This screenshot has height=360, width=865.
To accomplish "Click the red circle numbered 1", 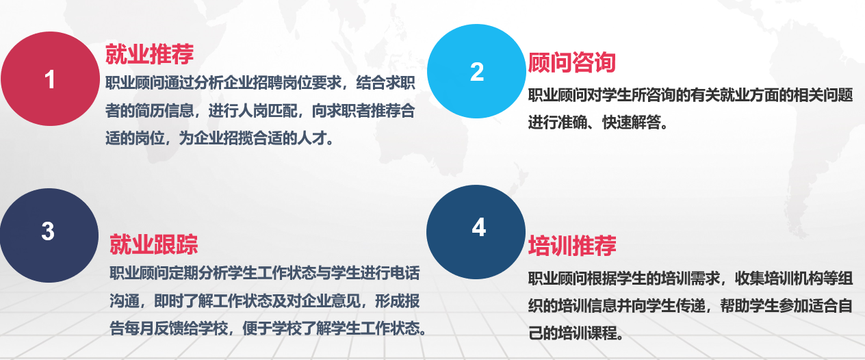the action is [x=50, y=79].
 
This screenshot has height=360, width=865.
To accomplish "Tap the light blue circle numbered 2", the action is [x=476, y=71].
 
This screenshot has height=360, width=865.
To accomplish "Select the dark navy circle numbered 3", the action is [x=49, y=235].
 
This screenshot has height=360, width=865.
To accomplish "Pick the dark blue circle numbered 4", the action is [x=476, y=232].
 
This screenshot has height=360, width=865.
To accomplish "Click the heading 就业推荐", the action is [x=149, y=54].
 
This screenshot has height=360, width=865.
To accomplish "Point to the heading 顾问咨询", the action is [x=572, y=62].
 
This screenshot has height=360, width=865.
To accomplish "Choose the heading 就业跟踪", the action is [x=154, y=244].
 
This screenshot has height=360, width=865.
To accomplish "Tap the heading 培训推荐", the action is [x=572, y=246].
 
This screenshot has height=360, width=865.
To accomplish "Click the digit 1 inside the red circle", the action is [x=49, y=79].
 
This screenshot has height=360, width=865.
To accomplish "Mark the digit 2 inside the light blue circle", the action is [x=477, y=72].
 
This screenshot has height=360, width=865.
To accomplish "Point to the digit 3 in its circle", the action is [x=48, y=231].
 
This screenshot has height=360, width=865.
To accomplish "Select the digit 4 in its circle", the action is [x=479, y=227].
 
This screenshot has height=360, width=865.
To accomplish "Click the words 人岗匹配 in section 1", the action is [x=268, y=112].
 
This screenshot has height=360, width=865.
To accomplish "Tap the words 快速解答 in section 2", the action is [x=632, y=123].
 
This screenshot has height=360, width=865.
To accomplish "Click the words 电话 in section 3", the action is [x=404, y=273].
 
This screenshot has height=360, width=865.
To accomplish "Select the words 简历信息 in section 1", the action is [x=164, y=112].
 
